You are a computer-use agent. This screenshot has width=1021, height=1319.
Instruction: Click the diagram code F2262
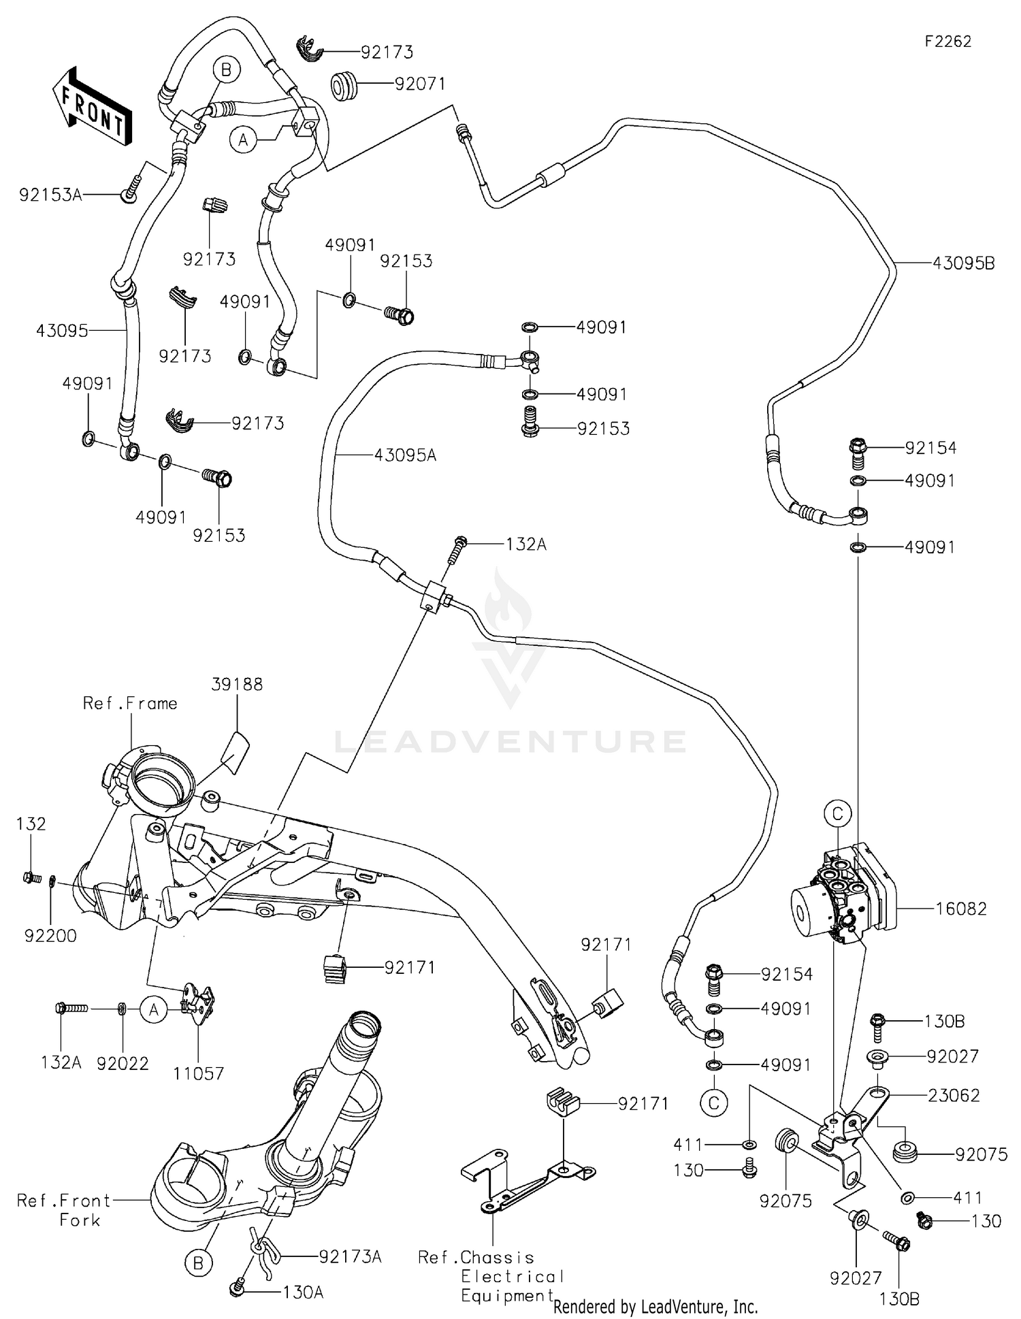pyautogui.click(x=947, y=42)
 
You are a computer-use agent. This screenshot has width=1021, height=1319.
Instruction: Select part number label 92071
pyautogui.click(x=420, y=84)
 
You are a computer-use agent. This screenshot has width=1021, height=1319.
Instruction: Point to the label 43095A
pyautogui.click(x=405, y=455)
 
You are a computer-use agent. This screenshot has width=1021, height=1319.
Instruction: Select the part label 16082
pyautogui.click(x=960, y=909)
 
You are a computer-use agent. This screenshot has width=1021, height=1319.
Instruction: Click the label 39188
pyautogui.click(x=236, y=684)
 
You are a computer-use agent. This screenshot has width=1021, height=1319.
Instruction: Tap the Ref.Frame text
pyautogui.click(x=130, y=703)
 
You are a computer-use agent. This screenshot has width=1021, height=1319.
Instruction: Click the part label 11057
pyautogui.click(x=198, y=1073)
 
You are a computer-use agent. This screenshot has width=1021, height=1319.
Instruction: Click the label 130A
pyautogui.click(x=302, y=1291)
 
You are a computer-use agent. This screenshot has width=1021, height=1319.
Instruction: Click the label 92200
pyautogui.click(x=50, y=936)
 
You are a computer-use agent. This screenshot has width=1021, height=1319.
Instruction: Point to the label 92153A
pyautogui.click(x=50, y=195)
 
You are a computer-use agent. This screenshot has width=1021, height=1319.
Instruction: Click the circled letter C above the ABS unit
pyautogui.click(x=838, y=813)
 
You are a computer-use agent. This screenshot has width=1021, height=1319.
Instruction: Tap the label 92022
pyautogui.click(x=123, y=1063)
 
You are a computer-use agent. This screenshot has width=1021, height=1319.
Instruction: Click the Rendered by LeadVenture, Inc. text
pyautogui.click(x=655, y=1306)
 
